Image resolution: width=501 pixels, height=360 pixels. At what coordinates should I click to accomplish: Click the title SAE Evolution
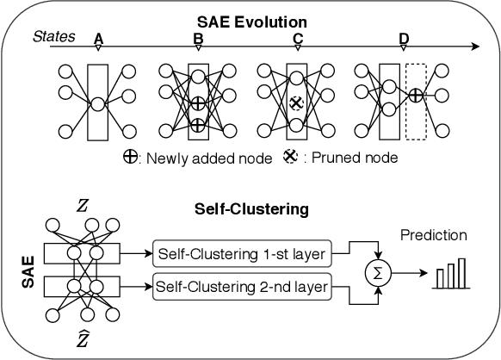pos(250,18)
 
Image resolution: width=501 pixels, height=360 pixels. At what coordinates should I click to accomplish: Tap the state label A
pos(98,39)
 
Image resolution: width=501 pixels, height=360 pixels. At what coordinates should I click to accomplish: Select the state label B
pos(198,39)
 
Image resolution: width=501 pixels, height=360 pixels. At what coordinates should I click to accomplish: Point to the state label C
pos(297,39)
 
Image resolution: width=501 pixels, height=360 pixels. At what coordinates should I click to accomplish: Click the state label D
pos(405,39)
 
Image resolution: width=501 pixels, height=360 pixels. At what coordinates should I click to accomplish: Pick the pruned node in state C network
pos(297,102)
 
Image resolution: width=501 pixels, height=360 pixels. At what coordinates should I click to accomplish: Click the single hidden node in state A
pos(98,103)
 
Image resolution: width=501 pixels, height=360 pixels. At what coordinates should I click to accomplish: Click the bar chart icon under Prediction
pos(450,274)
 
